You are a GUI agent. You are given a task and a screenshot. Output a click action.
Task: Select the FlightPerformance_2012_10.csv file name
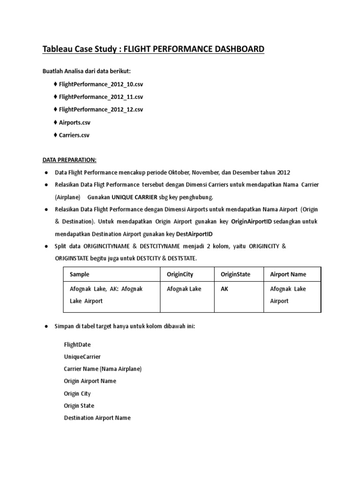(x=101, y=84)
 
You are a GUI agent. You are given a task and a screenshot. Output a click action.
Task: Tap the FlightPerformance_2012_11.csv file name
(x=101, y=97)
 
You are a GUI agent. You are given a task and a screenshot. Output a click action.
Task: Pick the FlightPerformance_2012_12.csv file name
(x=101, y=110)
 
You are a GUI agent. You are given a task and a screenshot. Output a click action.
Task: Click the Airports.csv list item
(x=75, y=122)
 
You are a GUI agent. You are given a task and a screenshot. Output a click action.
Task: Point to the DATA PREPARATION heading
(x=70, y=160)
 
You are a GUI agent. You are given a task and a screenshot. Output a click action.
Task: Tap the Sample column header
(x=79, y=274)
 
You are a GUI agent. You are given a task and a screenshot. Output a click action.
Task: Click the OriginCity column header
(x=180, y=274)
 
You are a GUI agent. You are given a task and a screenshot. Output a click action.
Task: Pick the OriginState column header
(x=236, y=274)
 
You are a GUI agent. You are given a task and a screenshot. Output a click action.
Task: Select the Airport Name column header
(x=288, y=274)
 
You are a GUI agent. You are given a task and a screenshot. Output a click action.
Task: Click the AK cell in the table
(x=225, y=289)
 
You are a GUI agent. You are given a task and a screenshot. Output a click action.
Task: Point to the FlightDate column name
(x=77, y=345)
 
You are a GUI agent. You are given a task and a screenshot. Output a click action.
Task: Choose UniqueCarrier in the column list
(x=82, y=357)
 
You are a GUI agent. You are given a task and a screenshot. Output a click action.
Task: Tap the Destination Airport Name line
(x=97, y=418)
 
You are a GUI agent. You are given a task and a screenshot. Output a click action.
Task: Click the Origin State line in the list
(x=78, y=405)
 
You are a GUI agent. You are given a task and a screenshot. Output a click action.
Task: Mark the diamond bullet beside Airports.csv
(x=56, y=122)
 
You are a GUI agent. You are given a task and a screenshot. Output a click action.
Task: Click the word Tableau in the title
(x=58, y=49)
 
